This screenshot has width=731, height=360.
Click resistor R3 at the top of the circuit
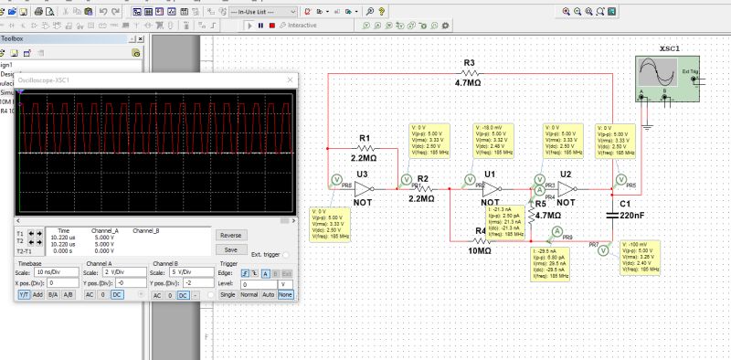[469, 74]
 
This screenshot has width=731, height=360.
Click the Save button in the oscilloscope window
[231, 249]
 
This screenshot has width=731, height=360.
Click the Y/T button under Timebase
[25, 295]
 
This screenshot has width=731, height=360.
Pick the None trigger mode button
[286, 295]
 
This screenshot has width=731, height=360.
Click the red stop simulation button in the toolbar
[271, 26]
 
